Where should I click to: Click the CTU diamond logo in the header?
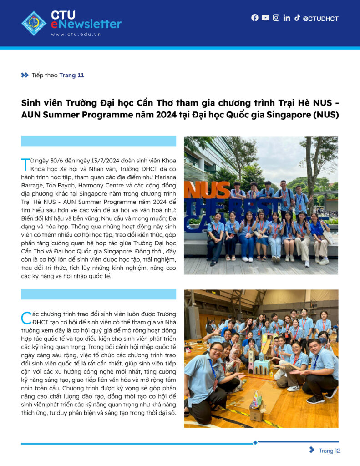(x=34, y=23)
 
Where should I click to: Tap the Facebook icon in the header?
(x=255, y=18)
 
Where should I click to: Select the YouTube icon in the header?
(x=265, y=18)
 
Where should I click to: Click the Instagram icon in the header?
(x=276, y=18)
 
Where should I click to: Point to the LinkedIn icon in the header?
(x=286, y=18)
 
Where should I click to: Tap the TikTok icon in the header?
(x=297, y=18)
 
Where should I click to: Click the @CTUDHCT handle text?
(x=320, y=19)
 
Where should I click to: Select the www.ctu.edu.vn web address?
(x=76, y=34)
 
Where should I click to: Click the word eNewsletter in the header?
(x=86, y=24)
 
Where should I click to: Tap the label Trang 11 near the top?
(x=71, y=76)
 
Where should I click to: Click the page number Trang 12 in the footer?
(x=330, y=451)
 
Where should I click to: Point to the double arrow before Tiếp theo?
(x=25, y=75)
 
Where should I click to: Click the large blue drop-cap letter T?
(x=25, y=162)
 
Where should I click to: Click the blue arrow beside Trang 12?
(x=312, y=450)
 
